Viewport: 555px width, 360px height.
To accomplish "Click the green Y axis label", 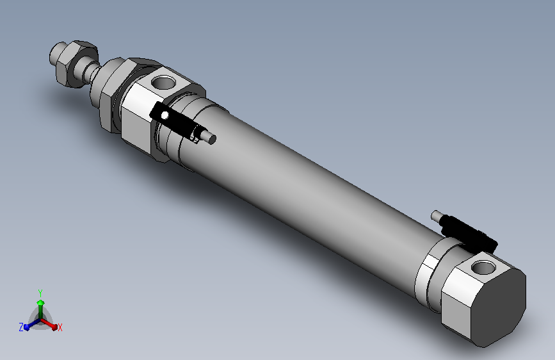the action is (x=40, y=293).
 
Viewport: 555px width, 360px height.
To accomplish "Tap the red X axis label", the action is (x=60, y=327).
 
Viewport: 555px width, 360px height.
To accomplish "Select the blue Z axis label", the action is (x=21, y=327).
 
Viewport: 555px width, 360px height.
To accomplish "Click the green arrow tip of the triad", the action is (x=41, y=302).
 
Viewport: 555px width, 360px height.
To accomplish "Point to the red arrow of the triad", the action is (x=49, y=323).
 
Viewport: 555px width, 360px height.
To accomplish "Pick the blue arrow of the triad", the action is (x=32, y=324).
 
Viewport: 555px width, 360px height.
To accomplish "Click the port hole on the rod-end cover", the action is (x=163, y=83).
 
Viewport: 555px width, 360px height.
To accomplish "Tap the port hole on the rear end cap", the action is (x=483, y=267).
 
